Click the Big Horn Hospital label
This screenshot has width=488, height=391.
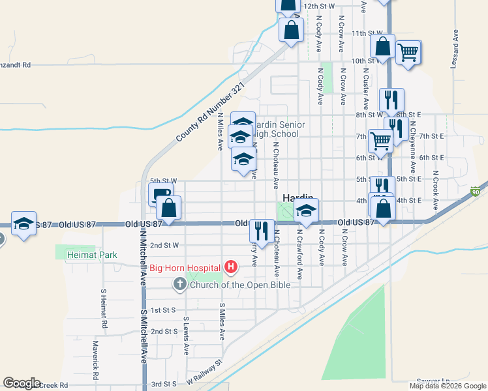pyautogui.click(x=185, y=267)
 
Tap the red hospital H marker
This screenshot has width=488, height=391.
pyautogui.click(x=230, y=267)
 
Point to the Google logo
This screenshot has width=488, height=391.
pyautogui.click(x=22, y=383)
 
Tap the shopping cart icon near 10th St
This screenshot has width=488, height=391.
pyautogui.click(x=408, y=51)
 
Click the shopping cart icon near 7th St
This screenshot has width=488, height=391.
pyautogui.click(x=380, y=139)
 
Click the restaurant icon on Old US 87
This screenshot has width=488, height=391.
pyautogui.click(x=261, y=231)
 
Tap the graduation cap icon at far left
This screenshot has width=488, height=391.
pyautogui.click(x=23, y=223)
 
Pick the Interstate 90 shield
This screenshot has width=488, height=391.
pyautogui.click(x=476, y=191)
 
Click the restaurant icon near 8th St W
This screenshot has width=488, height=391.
pyautogui.click(x=391, y=100)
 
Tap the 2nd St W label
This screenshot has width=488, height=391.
pyautogui.click(x=164, y=246)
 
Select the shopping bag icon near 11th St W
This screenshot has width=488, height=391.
pyautogui.click(x=291, y=29)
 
